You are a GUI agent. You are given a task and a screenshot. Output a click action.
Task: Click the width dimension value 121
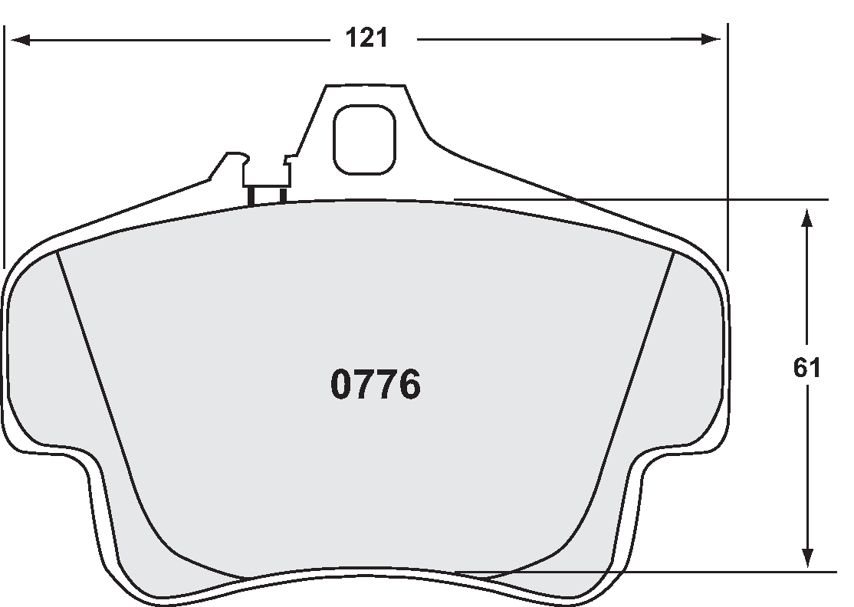tap(366, 38)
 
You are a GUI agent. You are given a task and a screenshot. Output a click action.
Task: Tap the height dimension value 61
tap(806, 369)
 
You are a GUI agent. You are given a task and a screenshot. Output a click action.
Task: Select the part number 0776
tap(376, 386)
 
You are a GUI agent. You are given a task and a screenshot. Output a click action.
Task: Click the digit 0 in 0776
tap(342, 386)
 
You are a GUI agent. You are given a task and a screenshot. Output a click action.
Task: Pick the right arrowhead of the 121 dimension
tap(713, 39)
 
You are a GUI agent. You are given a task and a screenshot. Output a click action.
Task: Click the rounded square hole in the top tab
tap(364, 139)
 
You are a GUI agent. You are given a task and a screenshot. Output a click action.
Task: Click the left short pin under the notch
tap(251, 196)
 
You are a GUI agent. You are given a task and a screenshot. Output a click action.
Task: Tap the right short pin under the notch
tap(282, 195)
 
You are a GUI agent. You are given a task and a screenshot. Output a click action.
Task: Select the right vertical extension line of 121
tap(727, 146)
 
